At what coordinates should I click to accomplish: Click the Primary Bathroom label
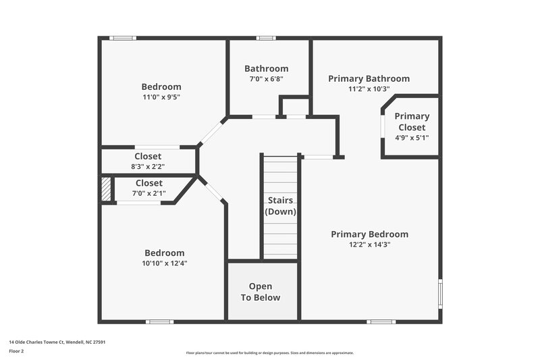pyautogui.click(x=369, y=78)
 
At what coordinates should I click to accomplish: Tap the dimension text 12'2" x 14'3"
pyautogui.click(x=369, y=245)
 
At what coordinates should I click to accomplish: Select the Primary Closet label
pyautogui.click(x=412, y=122)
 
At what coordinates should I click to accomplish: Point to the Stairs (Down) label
pyautogui.click(x=280, y=206)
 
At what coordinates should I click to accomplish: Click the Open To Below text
pyautogui.click(x=261, y=292)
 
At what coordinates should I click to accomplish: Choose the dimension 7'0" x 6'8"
pyautogui.click(x=266, y=78)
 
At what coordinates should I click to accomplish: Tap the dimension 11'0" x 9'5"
pyautogui.click(x=161, y=97)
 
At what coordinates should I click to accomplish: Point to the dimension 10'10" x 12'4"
pyautogui.click(x=164, y=263)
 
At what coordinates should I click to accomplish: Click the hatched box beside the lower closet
pyautogui.click(x=105, y=188)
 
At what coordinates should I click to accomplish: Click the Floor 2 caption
pyautogui.click(x=17, y=351)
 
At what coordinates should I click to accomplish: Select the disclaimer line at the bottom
pyautogui.click(x=269, y=353)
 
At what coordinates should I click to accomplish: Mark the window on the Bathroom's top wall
pyautogui.click(x=266, y=38)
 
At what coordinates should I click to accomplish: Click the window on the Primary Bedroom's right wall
pyautogui.click(x=440, y=291)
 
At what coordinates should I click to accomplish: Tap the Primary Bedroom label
pyautogui.click(x=369, y=234)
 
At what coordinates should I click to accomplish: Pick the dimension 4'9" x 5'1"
pyautogui.click(x=412, y=138)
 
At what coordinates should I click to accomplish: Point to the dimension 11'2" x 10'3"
pyautogui.click(x=369, y=88)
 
